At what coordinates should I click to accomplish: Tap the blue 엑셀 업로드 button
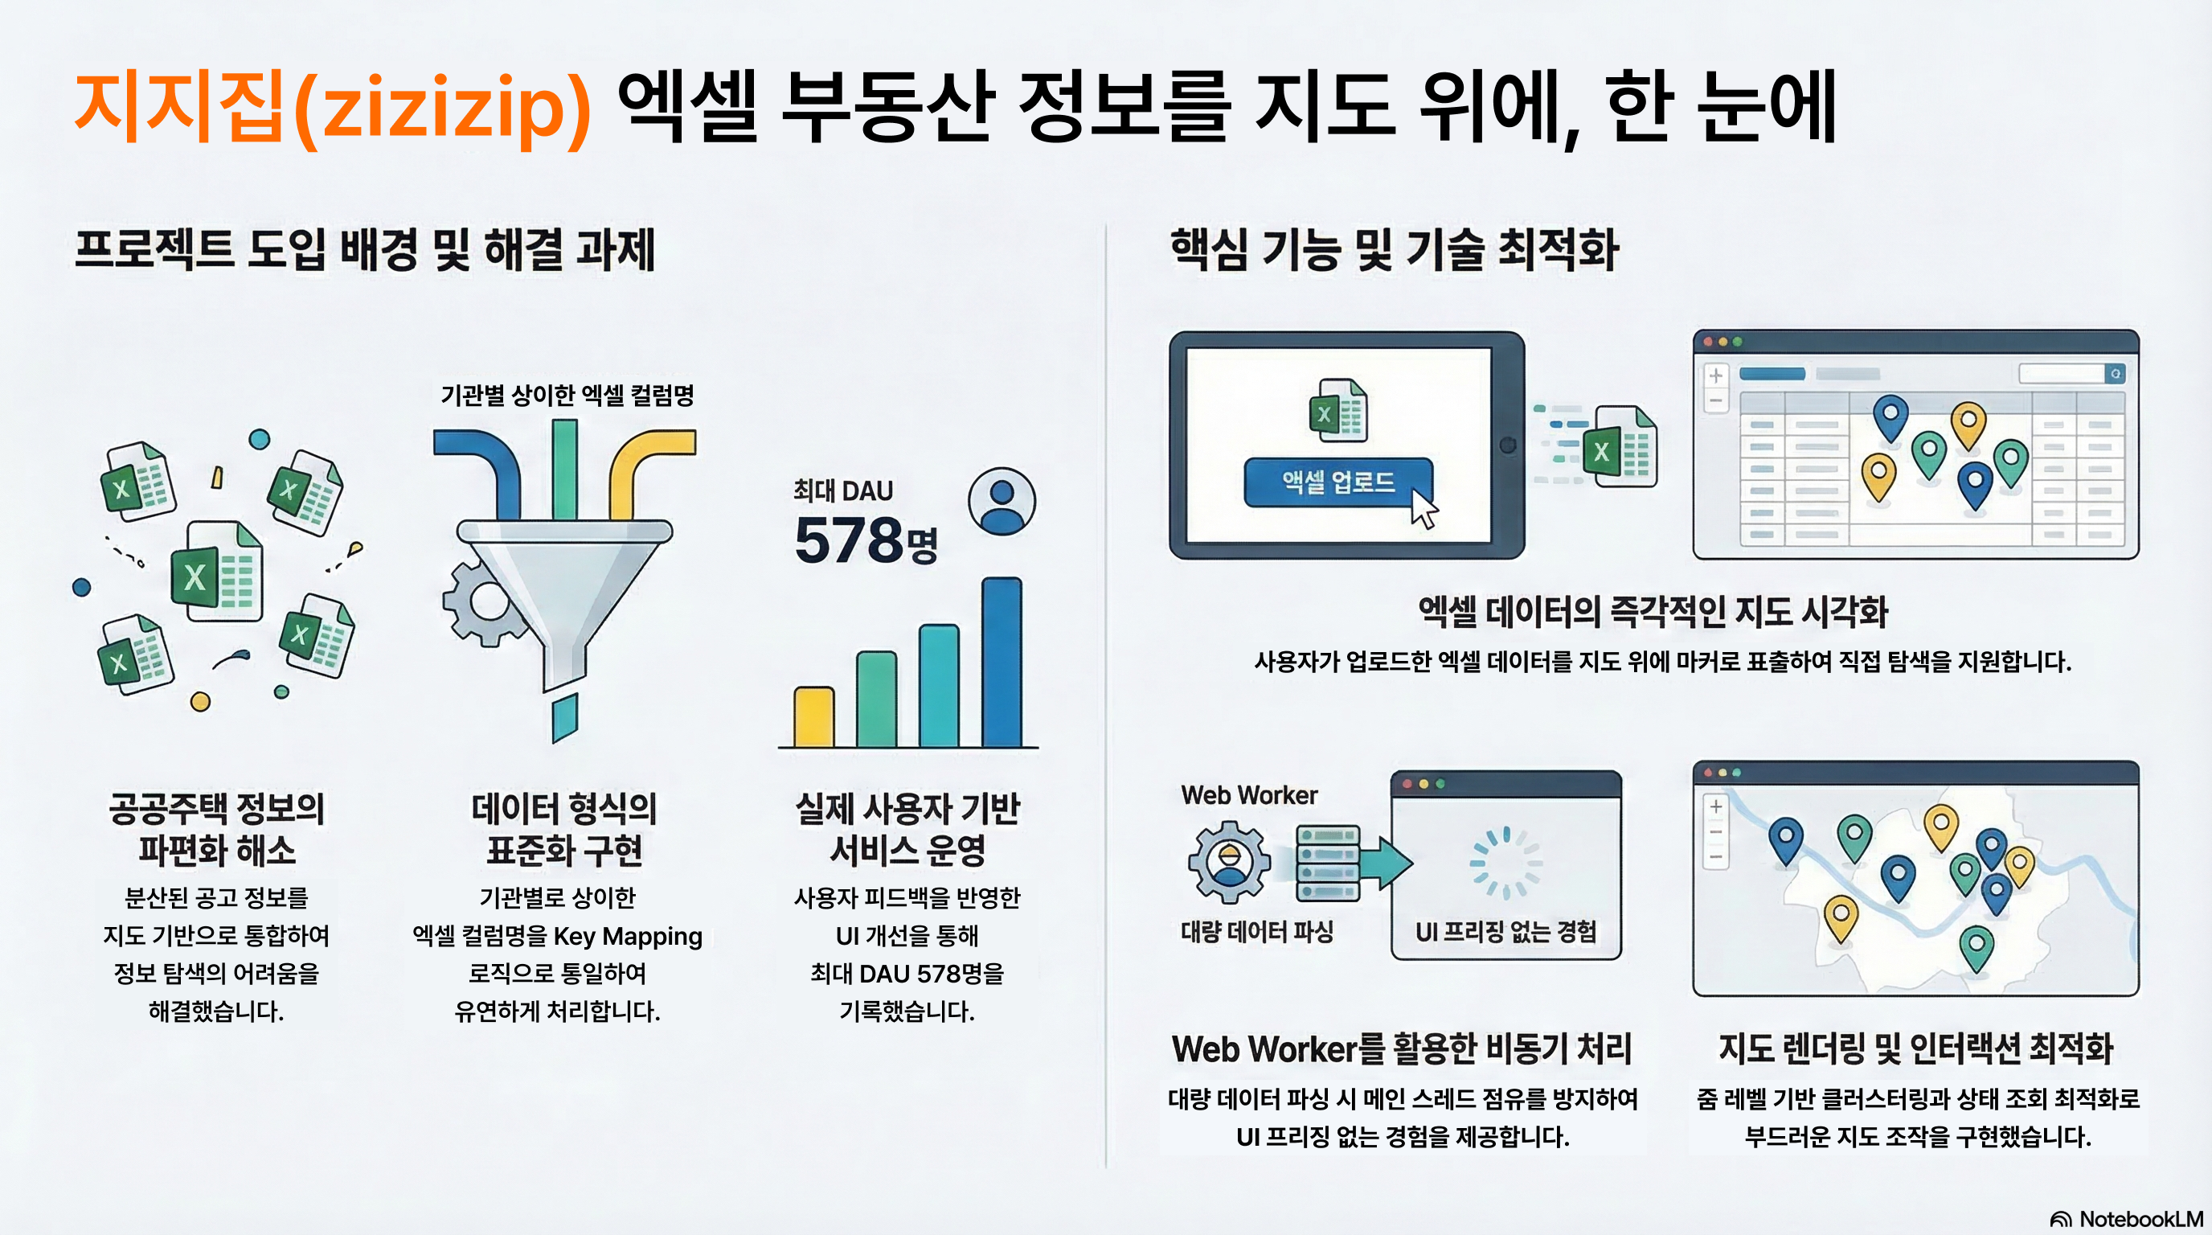click(x=1337, y=482)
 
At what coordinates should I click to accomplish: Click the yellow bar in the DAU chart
click(x=813, y=716)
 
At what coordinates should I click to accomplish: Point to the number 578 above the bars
click(x=847, y=541)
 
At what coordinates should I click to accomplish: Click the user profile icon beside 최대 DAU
click(x=1002, y=502)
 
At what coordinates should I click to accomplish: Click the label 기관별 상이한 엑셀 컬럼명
click(x=567, y=395)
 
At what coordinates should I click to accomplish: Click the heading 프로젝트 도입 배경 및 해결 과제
click(x=365, y=250)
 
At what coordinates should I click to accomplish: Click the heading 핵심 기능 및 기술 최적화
click(x=1394, y=250)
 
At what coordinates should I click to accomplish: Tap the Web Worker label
click(x=1248, y=795)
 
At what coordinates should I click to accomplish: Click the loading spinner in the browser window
click(x=1505, y=862)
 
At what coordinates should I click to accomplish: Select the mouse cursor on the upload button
click(x=1423, y=509)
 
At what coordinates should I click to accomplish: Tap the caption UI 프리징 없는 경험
click(x=1505, y=932)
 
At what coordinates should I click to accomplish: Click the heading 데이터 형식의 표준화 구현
click(x=564, y=829)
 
